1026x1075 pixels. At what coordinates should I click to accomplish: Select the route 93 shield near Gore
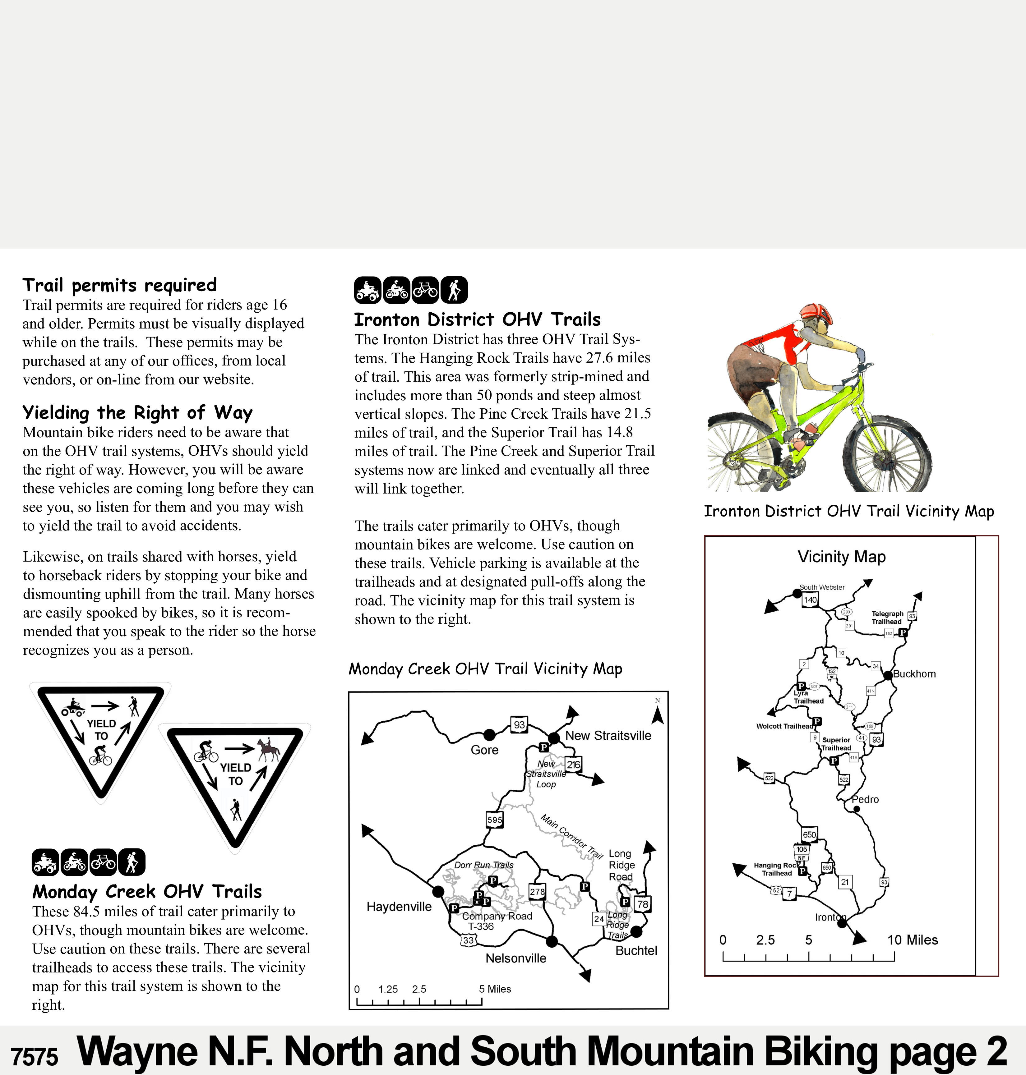[x=519, y=724]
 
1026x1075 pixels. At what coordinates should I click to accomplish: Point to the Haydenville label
[x=399, y=907]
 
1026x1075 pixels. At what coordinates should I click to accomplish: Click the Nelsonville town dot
[x=552, y=941]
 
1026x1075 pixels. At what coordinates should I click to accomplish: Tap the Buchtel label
[x=636, y=950]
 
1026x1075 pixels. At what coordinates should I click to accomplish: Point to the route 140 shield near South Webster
[x=810, y=600]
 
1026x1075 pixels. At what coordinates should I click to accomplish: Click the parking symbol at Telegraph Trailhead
[x=903, y=633]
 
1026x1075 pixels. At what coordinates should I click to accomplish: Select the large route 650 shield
[x=809, y=834]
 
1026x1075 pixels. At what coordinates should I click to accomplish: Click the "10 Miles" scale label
[x=912, y=940]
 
